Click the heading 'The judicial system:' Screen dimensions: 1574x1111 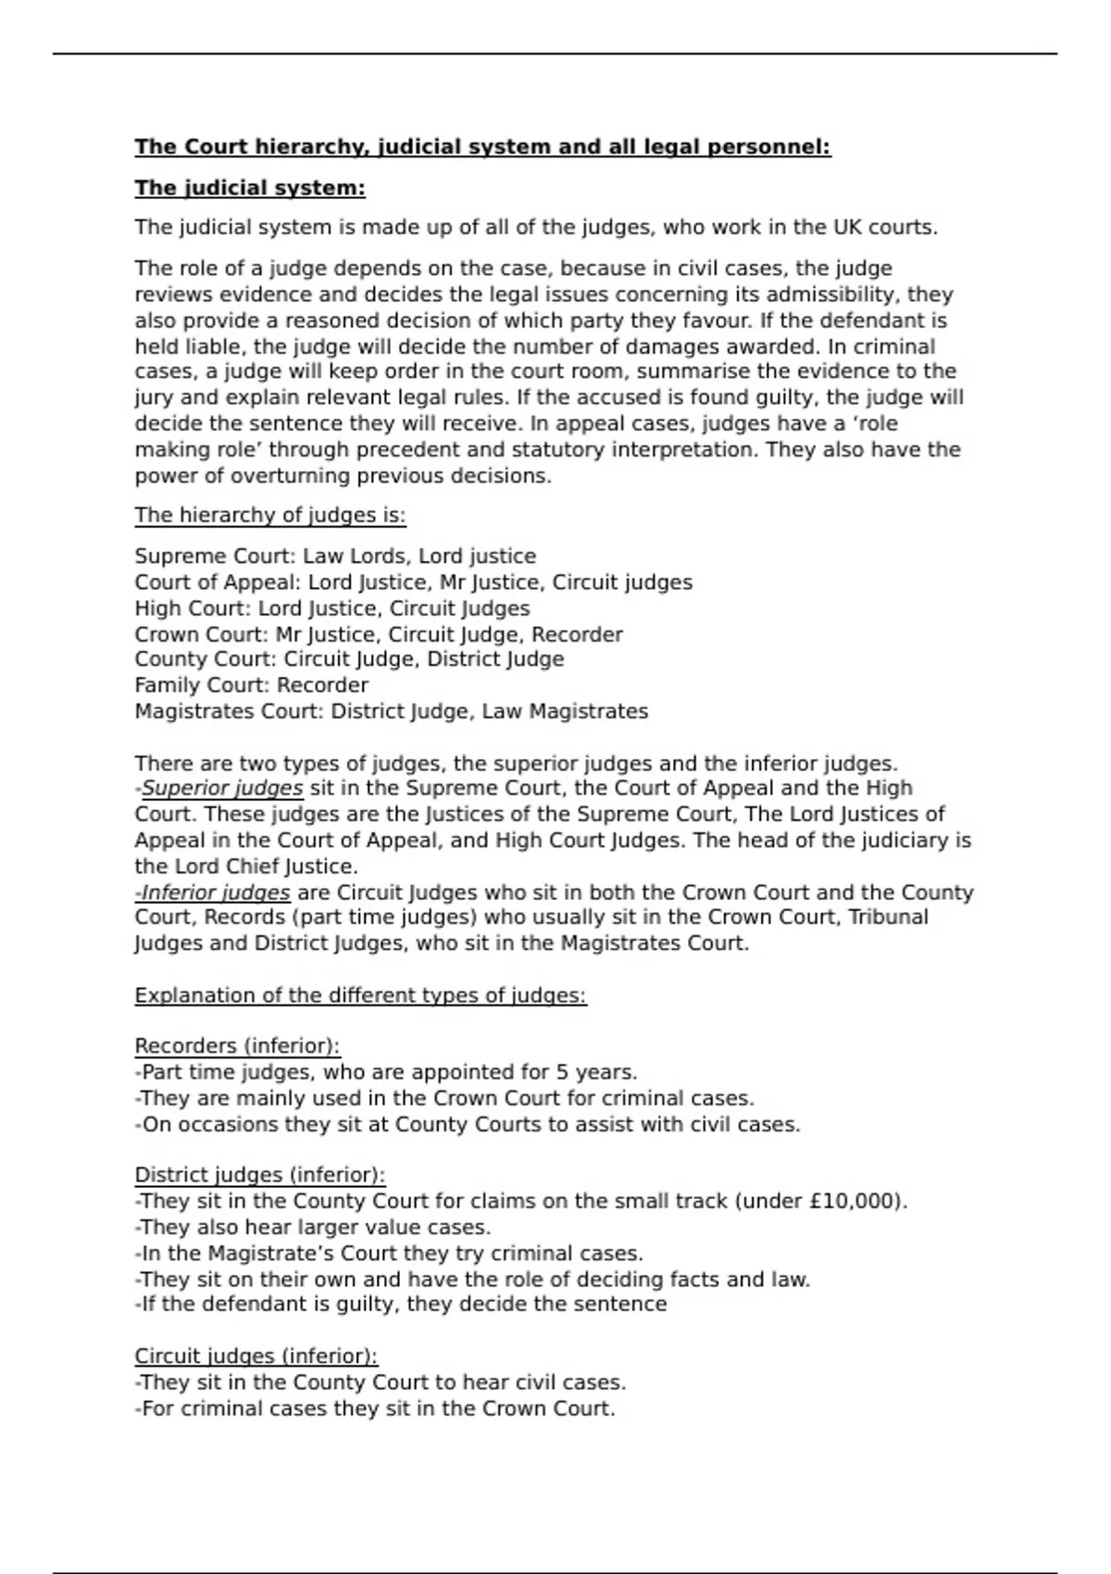coord(250,188)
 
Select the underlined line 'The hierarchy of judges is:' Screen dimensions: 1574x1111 coord(270,515)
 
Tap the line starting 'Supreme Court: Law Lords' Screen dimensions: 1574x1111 coord(335,556)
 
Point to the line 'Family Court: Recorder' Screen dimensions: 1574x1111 coord(251,685)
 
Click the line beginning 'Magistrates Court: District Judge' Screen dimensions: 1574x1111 coord(391,711)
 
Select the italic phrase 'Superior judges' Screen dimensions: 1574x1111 coord(222,788)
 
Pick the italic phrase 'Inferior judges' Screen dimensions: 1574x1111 coord(216,893)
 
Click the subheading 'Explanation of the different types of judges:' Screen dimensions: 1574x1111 coord(360,995)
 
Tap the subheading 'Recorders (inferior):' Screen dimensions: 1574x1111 coord(237,1046)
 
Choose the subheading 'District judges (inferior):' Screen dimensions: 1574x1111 coord(259,1175)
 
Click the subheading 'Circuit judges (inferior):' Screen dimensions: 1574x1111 coord(256,1356)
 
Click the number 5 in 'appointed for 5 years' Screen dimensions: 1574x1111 coord(562,1072)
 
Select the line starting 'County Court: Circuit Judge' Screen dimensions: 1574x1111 coord(349,659)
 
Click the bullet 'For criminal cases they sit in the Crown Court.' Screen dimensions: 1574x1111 coord(378,1408)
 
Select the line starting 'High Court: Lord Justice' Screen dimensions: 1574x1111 coord(332,608)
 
